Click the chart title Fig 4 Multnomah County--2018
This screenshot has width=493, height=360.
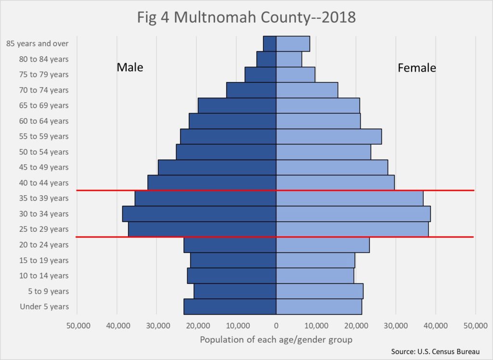(246, 18)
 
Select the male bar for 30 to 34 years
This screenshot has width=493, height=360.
(199, 213)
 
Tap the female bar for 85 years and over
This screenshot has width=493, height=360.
(293, 43)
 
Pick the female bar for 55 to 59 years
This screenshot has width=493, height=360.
(329, 136)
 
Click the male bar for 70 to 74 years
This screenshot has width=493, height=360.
(251, 90)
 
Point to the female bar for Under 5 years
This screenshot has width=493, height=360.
(319, 307)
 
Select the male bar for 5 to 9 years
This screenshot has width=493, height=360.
(235, 291)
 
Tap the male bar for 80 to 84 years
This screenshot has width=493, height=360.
(266, 59)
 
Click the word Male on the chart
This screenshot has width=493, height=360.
(130, 67)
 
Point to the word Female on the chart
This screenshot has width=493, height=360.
(416, 68)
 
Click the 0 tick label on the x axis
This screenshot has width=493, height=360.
(276, 325)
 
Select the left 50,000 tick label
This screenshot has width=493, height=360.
(77, 325)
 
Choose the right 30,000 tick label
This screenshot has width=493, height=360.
(396, 325)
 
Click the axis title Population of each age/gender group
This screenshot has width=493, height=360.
(276, 339)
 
